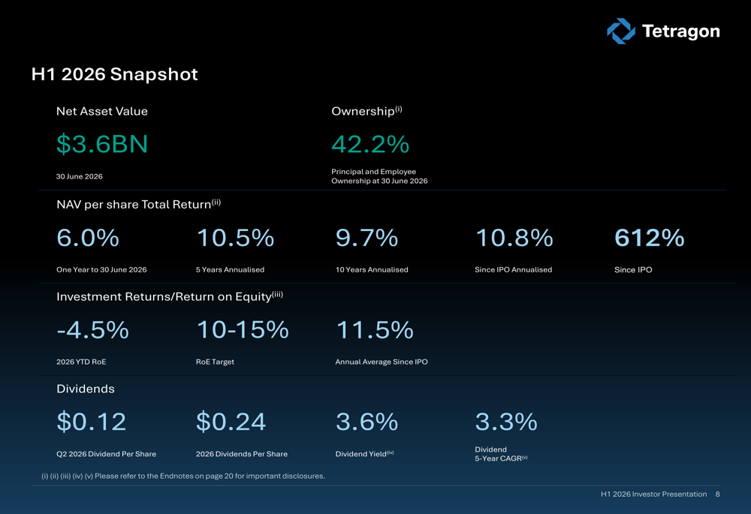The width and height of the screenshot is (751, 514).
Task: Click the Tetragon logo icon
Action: (x=621, y=31)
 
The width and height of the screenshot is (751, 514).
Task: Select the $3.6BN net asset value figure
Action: (x=102, y=144)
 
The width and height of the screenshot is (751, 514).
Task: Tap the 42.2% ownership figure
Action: (x=370, y=144)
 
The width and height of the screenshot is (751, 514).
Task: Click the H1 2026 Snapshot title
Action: (x=114, y=74)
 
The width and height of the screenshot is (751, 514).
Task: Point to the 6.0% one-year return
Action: (x=88, y=238)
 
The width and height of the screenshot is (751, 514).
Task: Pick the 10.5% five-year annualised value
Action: (x=235, y=238)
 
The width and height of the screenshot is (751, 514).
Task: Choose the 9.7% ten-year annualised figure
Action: (x=367, y=238)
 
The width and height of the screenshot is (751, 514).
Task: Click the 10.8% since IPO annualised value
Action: (x=514, y=238)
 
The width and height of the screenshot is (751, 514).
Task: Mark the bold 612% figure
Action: (x=650, y=238)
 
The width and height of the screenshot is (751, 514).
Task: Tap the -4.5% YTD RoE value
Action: (x=93, y=329)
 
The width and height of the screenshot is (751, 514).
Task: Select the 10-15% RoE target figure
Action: (x=243, y=329)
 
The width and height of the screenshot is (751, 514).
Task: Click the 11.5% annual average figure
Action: (x=375, y=329)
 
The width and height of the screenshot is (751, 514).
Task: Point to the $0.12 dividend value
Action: (x=92, y=422)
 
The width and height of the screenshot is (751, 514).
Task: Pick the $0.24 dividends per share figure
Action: (x=231, y=422)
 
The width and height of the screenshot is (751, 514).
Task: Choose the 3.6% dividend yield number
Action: (x=367, y=422)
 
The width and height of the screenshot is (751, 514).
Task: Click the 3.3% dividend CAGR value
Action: (x=506, y=422)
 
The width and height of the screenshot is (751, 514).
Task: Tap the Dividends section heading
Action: (x=86, y=389)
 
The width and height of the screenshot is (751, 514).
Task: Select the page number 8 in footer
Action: (x=717, y=494)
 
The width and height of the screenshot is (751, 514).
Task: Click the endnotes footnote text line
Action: (x=183, y=476)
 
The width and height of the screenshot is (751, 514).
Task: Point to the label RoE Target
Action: (x=215, y=362)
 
